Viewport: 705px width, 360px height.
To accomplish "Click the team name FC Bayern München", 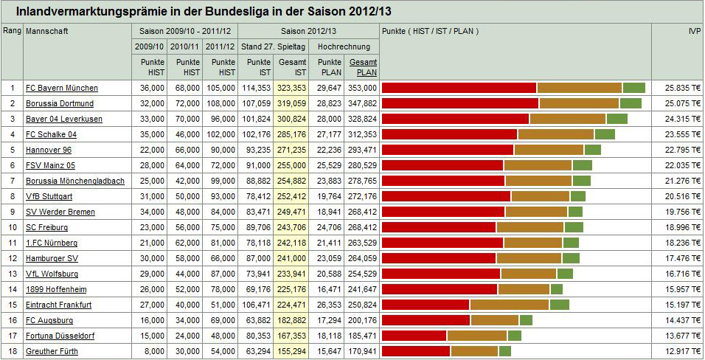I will click(61, 89).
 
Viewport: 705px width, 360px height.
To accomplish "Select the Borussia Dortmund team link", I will click(60, 104).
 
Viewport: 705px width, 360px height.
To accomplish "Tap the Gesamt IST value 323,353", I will click(293, 89).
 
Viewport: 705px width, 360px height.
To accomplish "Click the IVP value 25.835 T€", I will click(682, 89).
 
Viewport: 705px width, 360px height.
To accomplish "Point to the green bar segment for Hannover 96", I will click(593, 150).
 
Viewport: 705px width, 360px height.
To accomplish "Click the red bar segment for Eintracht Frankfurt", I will click(426, 305).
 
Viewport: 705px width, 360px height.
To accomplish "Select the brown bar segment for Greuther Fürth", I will click(474, 351).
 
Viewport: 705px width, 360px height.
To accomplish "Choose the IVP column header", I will click(693, 32).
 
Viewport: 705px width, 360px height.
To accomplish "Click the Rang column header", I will click(12, 32).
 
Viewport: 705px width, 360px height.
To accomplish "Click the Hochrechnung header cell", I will click(344, 47).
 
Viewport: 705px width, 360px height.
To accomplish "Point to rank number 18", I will click(12, 351).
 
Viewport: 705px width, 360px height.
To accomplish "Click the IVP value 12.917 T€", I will click(682, 351).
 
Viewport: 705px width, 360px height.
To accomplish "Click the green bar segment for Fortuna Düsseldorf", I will click(515, 336).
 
